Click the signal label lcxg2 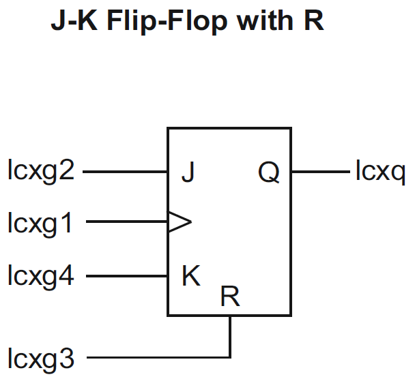[x=41, y=171]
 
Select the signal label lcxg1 [x=41, y=222]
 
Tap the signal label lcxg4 [x=41, y=277]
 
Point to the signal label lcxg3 [x=41, y=357]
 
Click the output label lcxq [x=380, y=172]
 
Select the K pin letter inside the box [x=190, y=276]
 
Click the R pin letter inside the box [x=230, y=297]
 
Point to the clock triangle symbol [x=180, y=222]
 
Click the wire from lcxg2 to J [x=126, y=172]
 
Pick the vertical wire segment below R [x=231, y=336]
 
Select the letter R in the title [x=313, y=22]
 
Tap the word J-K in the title [x=72, y=22]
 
